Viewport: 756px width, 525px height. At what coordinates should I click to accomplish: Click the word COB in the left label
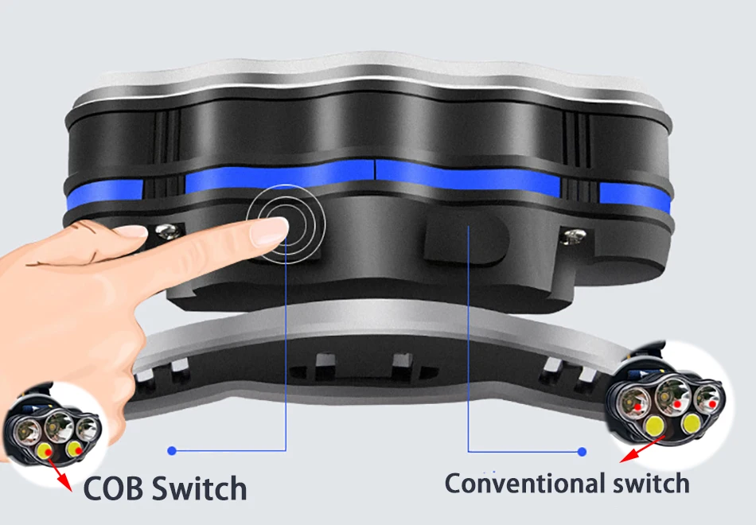point(113,488)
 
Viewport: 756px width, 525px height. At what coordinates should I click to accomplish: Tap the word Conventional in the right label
point(524,483)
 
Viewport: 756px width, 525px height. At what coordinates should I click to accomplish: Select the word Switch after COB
point(199,488)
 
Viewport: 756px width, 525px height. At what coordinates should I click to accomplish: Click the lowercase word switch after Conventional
point(651,483)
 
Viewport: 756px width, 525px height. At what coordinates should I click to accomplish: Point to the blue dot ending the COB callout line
point(172,451)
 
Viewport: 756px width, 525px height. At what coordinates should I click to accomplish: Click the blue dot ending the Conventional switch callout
point(582,452)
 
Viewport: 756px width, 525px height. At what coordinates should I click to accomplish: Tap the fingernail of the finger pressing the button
point(268,231)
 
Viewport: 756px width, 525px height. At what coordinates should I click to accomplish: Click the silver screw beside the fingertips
point(168,232)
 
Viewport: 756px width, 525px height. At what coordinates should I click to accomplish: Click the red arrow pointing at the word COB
point(60,475)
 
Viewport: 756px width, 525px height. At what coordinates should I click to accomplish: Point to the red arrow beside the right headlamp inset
point(643,449)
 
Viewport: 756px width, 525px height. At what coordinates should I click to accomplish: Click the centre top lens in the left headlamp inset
point(58,425)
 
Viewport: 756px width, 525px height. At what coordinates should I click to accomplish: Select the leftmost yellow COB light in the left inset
point(45,451)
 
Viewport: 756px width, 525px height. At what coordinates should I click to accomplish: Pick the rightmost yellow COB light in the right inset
point(691,423)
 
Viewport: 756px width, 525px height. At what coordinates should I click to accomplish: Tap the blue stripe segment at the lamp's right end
point(634,196)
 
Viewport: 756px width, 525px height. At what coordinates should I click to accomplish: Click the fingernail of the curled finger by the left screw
point(131,231)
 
